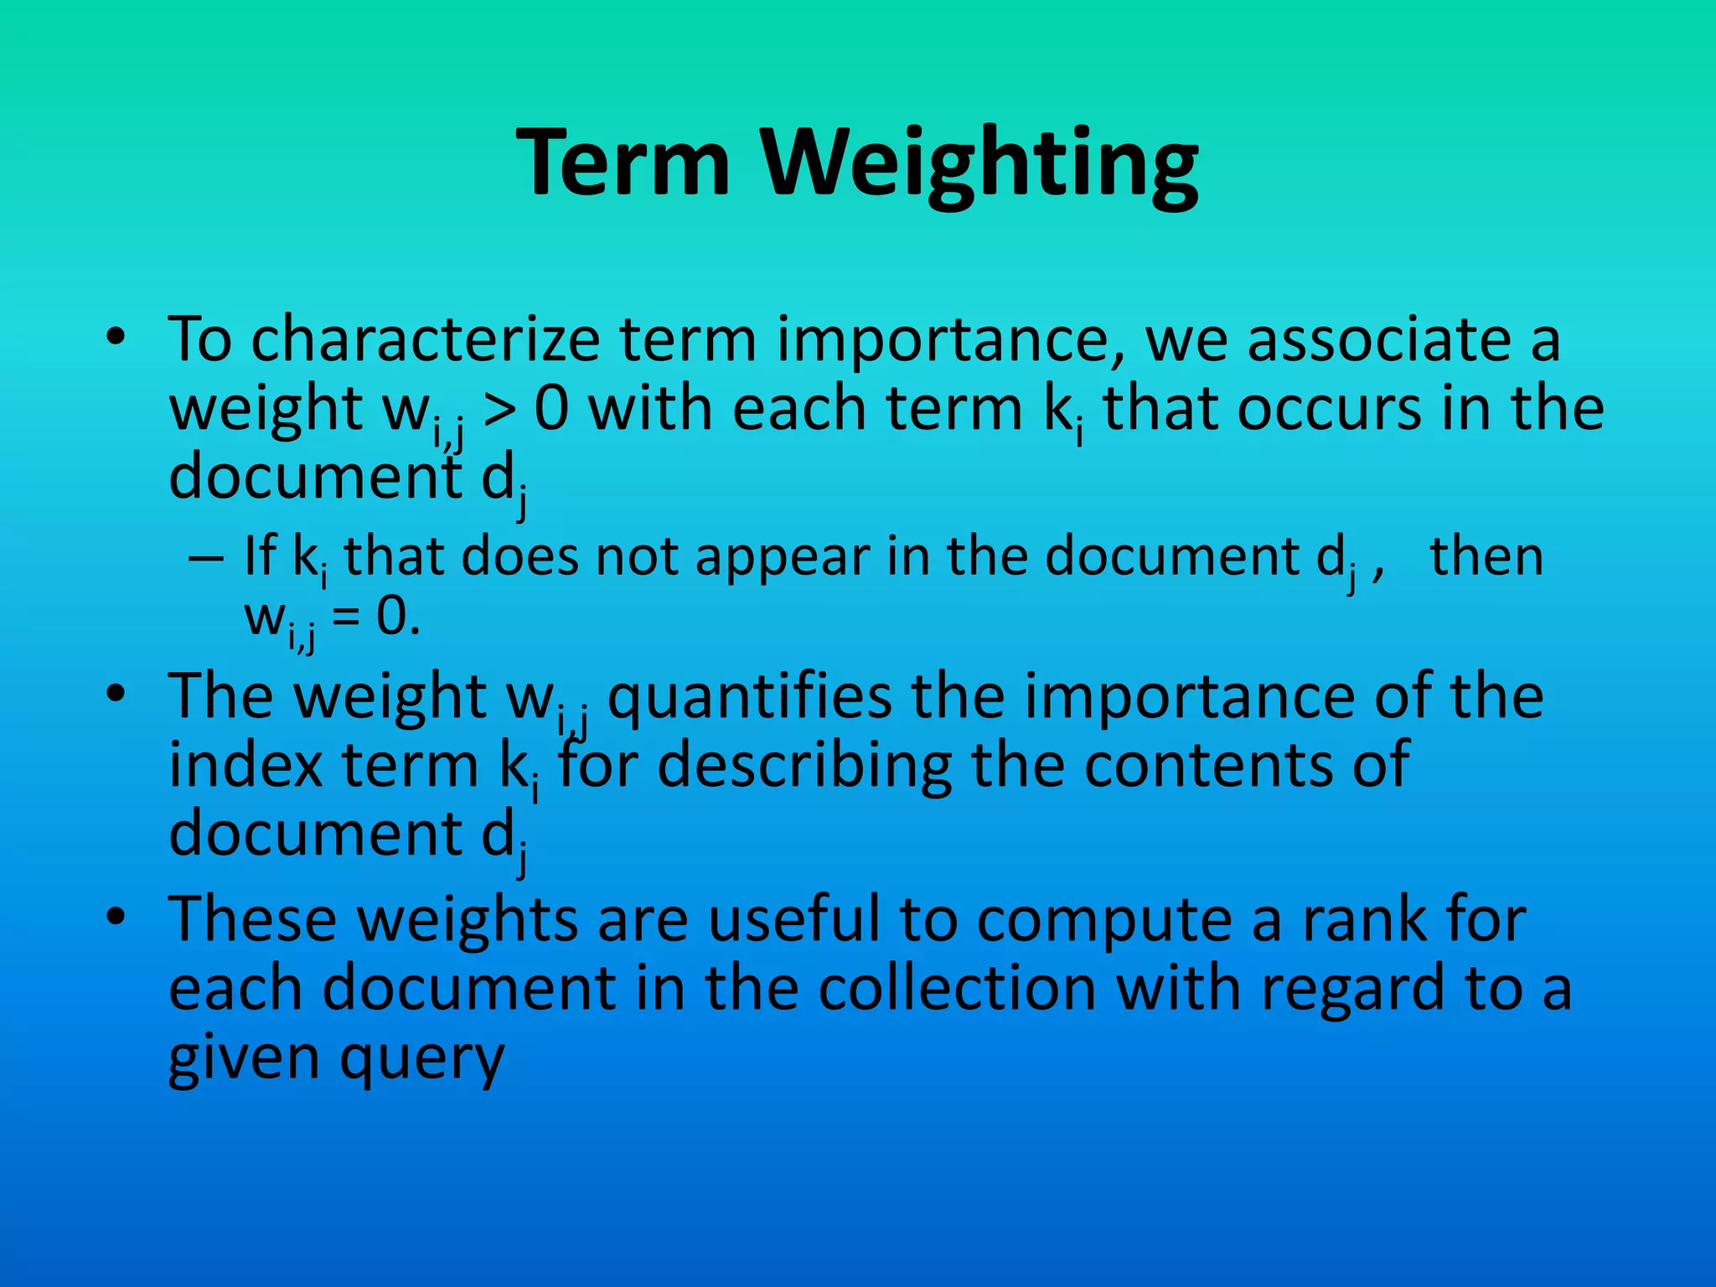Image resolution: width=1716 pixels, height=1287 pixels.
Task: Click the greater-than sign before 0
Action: click(x=500, y=410)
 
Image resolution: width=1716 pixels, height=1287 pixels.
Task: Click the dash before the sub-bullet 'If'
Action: click(x=206, y=557)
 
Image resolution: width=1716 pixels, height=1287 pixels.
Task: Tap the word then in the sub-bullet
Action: click(x=1486, y=556)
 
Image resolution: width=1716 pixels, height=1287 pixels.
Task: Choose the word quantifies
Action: click(x=749, y=698)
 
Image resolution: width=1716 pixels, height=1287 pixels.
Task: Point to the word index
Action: click(x=246, y=765)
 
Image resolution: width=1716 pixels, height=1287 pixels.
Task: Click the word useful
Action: click(x=795, y=919)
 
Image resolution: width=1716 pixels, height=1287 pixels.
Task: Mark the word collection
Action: click(x=957, y=989)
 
